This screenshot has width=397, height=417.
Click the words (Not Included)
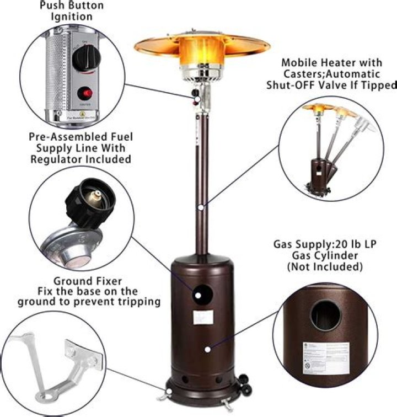coord(325,266)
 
